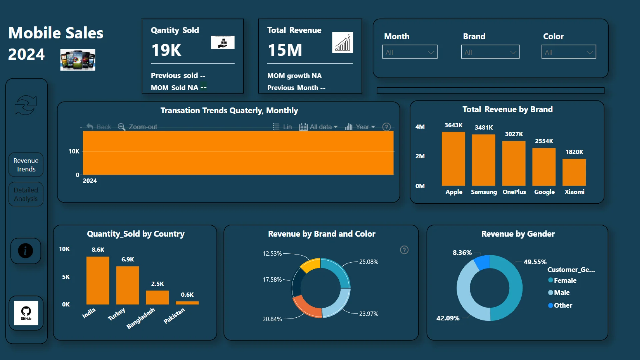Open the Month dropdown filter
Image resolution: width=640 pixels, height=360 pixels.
(410, 52)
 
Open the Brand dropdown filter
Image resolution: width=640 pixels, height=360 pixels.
(490, 52)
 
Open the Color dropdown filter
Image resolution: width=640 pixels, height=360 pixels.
(569, 52)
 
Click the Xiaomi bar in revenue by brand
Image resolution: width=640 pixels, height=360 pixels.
(574, 172)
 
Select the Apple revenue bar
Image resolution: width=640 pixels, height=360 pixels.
(453, 159)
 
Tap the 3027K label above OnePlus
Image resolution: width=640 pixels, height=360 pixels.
(514, 134)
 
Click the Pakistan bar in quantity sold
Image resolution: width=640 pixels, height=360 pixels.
(187, 303)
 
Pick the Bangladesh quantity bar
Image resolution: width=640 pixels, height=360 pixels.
(157, 297)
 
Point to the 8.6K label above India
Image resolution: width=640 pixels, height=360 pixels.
(98, 250)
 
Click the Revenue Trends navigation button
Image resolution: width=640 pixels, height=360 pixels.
(26, 165)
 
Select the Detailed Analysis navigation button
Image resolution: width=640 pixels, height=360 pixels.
(26, 194)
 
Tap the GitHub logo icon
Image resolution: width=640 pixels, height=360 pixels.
(26, 313)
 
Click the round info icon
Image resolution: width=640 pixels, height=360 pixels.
(26, 251)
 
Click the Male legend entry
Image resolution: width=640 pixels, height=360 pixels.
(562, 293)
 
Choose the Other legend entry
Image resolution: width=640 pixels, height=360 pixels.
(563, 305)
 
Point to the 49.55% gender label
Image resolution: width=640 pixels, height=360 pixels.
(535, 262)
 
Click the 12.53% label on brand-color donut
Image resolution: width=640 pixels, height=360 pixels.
(272, 254)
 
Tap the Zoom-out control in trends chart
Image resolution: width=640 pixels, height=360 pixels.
(143, 127)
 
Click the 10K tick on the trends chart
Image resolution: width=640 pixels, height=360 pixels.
(74, 151)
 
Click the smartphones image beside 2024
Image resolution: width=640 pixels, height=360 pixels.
(78, 60)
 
